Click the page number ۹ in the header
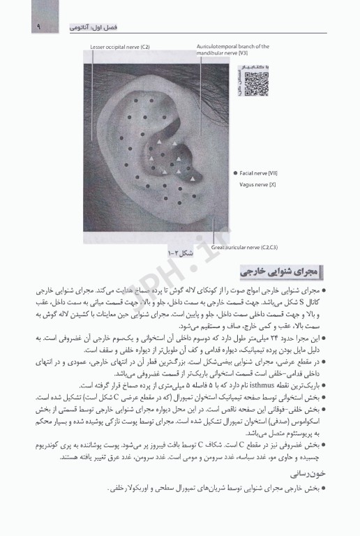click(x=18, y=27)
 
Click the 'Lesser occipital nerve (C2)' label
click(x=120, y=47)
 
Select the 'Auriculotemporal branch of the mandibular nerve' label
click(x=233, y=50)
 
